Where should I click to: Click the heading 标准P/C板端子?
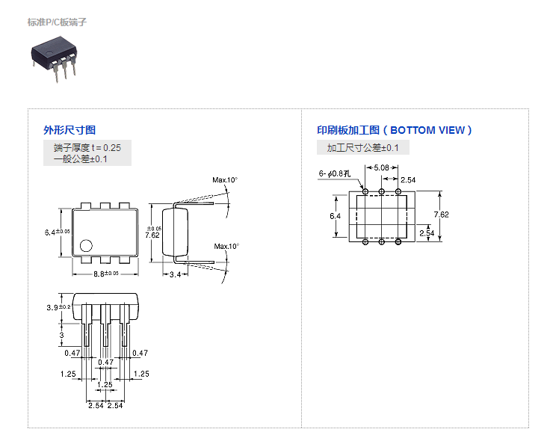[57, 22]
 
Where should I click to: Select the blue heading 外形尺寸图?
[69, 130]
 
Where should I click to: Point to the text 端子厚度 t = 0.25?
[87, 147]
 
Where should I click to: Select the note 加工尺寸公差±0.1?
[362, 148]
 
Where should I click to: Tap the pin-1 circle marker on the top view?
[87, 244]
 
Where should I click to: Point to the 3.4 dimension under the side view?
[175, 275]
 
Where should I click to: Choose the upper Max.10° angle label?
[225, 180]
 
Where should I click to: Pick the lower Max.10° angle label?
[226, 246]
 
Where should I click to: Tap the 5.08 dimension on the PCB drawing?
[381, 167]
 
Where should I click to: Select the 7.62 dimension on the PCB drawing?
[441, 215]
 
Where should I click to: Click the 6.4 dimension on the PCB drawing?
[336, 215]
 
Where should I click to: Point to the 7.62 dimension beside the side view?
[152, 234]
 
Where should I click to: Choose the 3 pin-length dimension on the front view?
[61, 335]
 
